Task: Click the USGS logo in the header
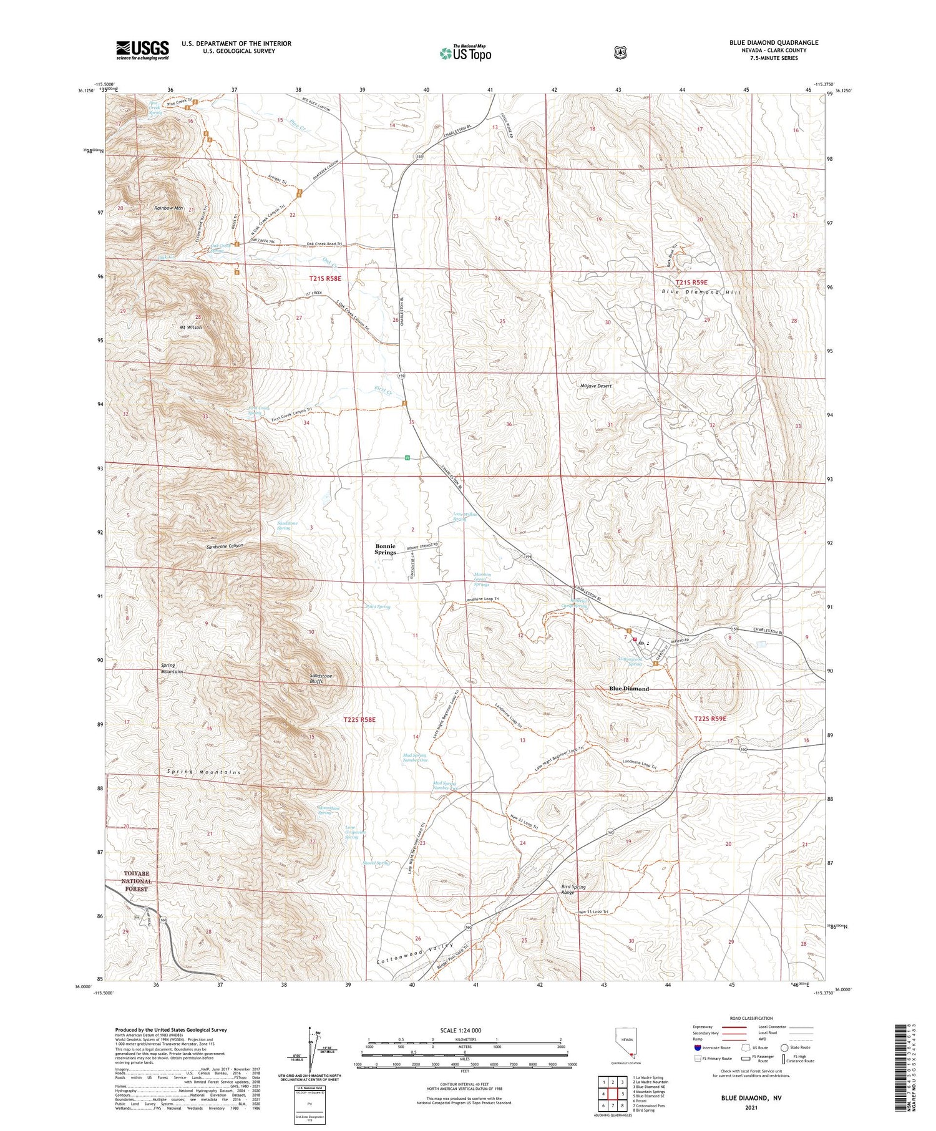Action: click(142, 50)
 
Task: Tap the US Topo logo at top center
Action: click(466, 53)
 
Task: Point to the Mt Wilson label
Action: click(191, 327)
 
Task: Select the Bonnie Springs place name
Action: click(385, 549)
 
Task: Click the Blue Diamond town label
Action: click(628, 689)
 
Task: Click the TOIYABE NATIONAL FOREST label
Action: click(137, 881)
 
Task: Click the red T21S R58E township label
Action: click(325, 278)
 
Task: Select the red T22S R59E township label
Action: click(710, 719)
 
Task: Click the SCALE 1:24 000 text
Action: click(461, 1031)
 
